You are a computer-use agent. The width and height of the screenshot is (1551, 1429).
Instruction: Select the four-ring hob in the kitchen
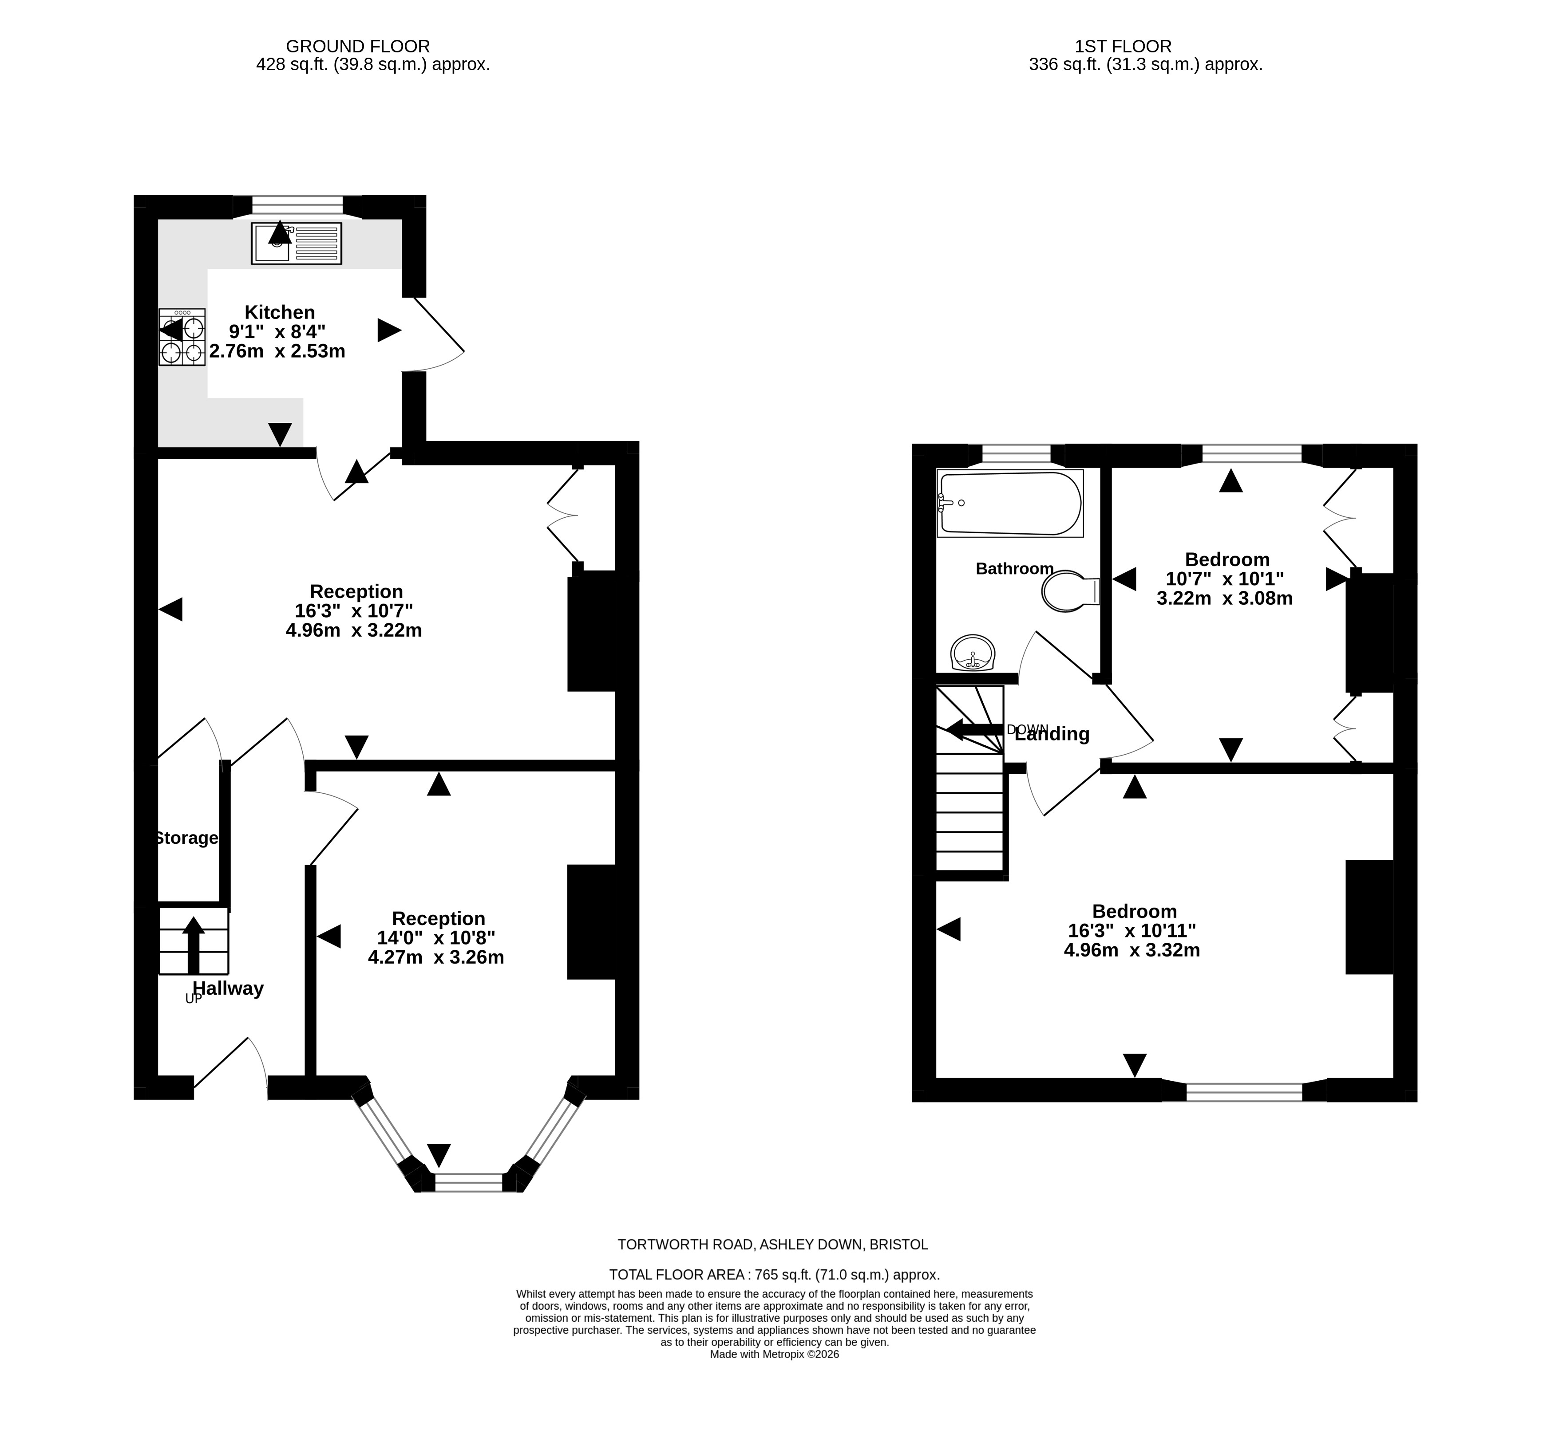pyautogui.click(x=182, y=337)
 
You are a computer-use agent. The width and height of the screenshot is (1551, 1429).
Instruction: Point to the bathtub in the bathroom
pyautogui.click(x=1009, y=504)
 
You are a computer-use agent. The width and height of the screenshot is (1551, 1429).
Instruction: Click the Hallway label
pyautogui.click(x=228, y=988)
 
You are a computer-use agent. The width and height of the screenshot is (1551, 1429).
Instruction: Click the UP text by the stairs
pyautogui.click(x=194, y=999)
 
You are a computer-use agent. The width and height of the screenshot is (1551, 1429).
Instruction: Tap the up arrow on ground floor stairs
pyautogui.click(x=194, y=945)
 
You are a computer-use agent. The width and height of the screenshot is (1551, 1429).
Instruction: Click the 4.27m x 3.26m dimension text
pyautogui.click(x=436, y=957)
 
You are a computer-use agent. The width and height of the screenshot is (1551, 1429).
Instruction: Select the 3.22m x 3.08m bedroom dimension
pyautogui.click(x=1225, y=598)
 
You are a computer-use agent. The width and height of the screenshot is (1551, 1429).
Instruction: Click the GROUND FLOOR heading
pyautogui.click(x=358, y=47)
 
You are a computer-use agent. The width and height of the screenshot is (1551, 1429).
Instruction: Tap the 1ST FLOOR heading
pyautogui.click(x=1123, y=47)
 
